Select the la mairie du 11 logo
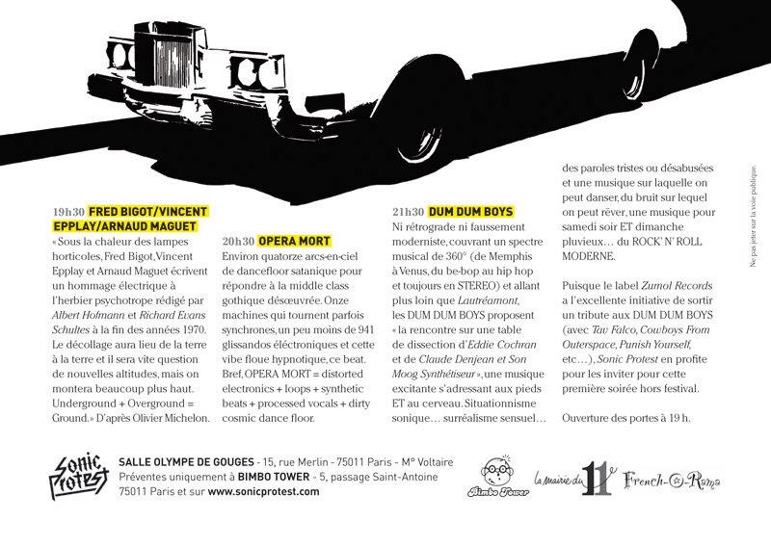click(573, 479)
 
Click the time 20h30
click(238, 241)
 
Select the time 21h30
click(409, 211)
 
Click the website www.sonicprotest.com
click(263, 492)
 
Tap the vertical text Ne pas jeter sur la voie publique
click(754, 213)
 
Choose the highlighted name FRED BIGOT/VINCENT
click(155, 211)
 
